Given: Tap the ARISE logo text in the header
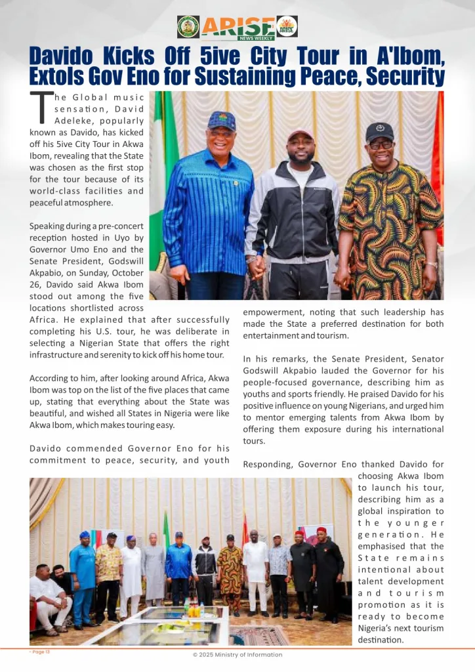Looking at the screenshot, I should tap(238, 26).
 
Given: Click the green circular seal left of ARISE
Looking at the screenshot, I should tap(188, 27).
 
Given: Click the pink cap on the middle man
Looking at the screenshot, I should tap(300, 135).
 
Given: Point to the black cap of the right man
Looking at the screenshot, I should tap(379, 131).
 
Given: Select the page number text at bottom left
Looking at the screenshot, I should tap(40, 652).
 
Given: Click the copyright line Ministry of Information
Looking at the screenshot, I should tap(237, 654).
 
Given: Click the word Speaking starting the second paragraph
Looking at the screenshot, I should tap(47, 226).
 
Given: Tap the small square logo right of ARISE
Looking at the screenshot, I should tap(287, 26).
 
